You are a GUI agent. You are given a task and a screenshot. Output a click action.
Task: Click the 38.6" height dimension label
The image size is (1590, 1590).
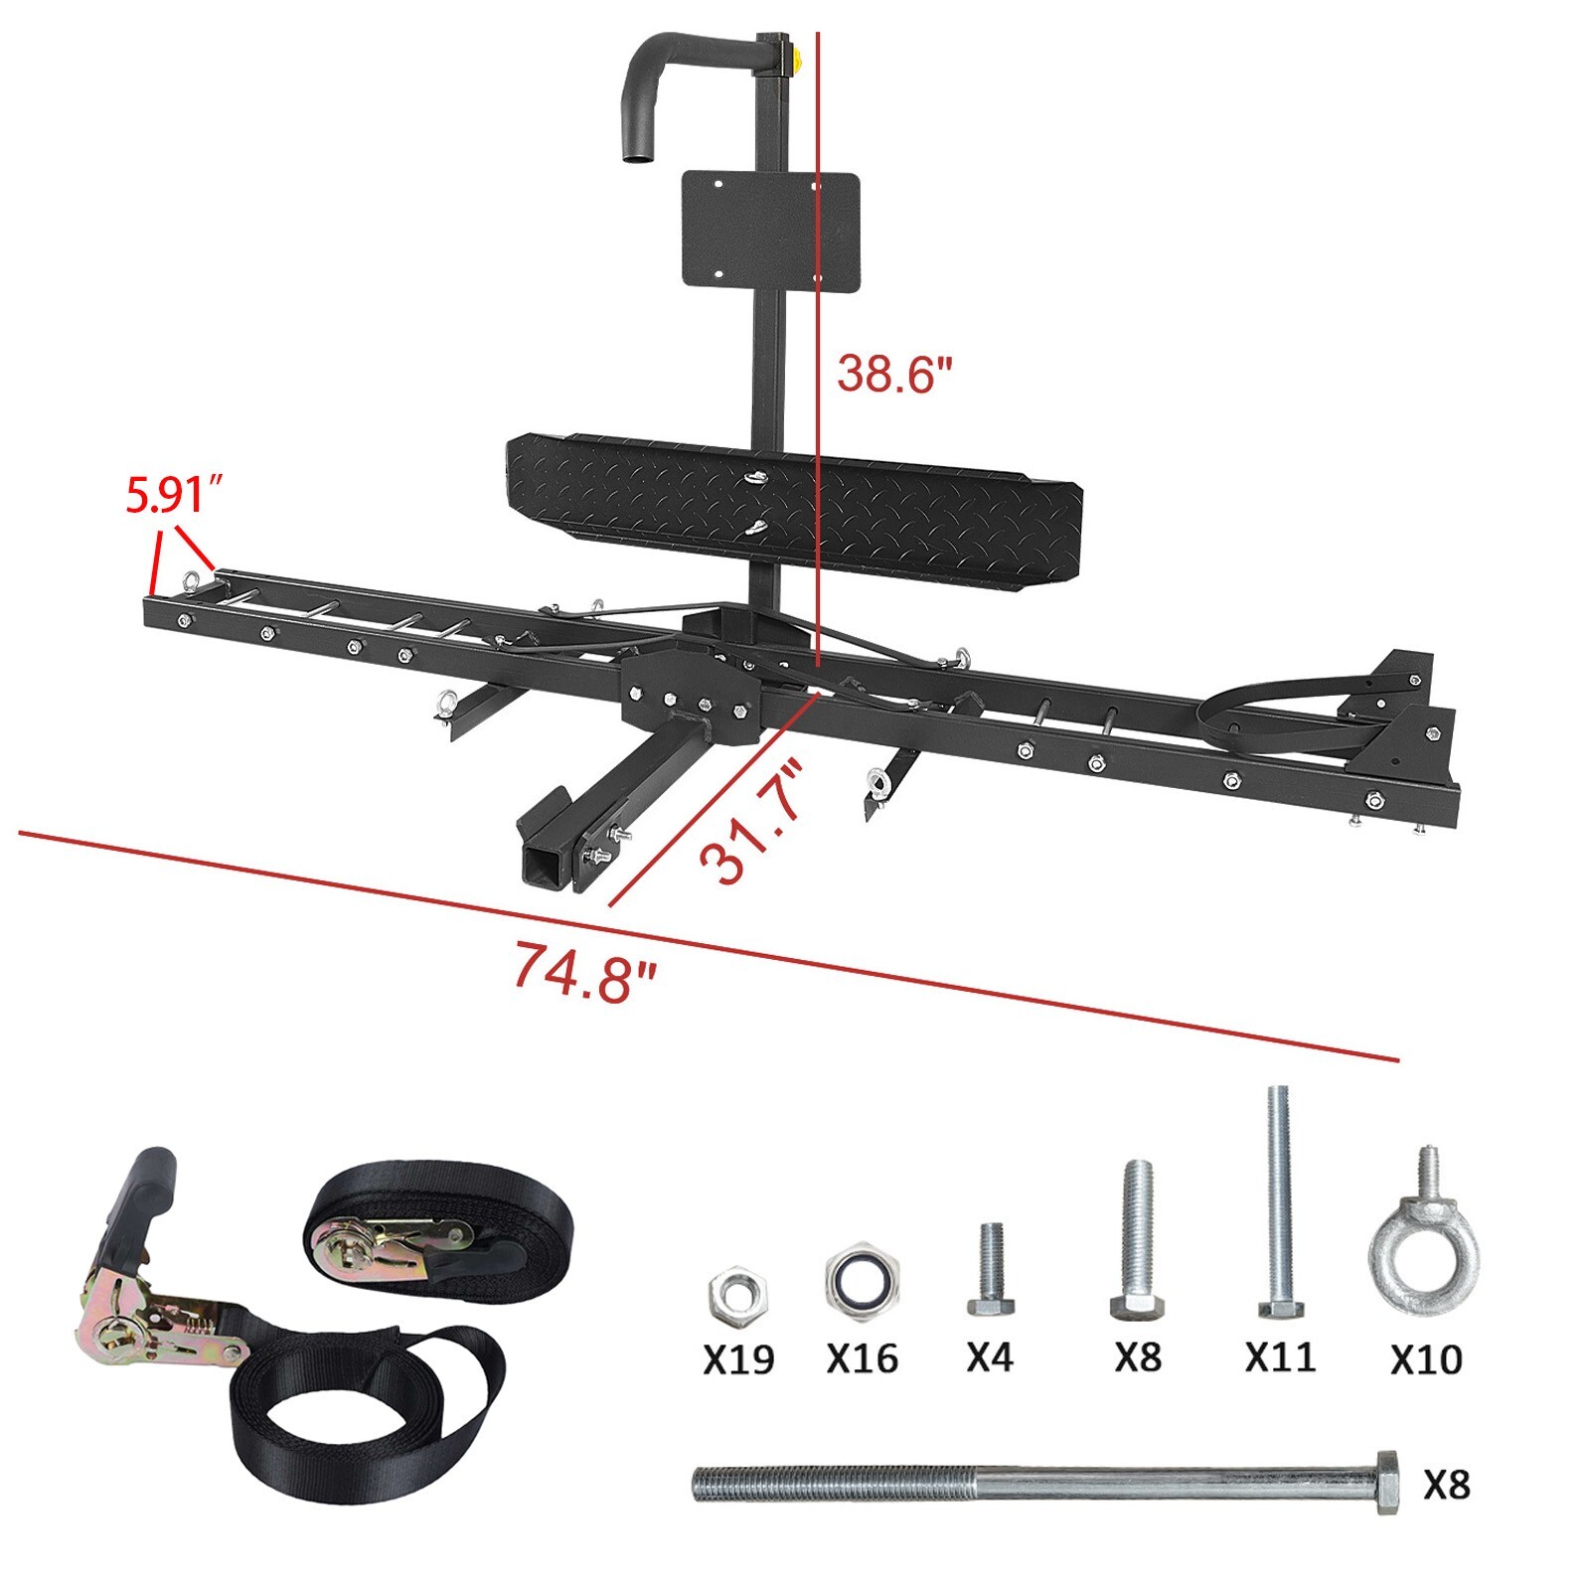coord(894,375)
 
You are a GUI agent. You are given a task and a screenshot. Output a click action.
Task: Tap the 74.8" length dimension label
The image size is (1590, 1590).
coord(584,971)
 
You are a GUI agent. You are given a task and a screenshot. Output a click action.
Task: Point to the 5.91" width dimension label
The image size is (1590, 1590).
coord(171,495)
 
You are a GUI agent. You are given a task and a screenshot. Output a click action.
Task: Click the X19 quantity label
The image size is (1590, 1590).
coord(737,1359)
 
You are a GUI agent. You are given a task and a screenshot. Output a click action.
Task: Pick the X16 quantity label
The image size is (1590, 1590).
coord(862,1358)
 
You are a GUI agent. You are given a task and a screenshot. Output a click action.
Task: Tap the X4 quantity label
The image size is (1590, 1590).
coord(989,1356)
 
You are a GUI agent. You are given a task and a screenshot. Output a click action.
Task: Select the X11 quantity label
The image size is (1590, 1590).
coord(1280,1356)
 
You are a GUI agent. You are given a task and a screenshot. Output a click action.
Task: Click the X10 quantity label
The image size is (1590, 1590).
coord(1426,1358)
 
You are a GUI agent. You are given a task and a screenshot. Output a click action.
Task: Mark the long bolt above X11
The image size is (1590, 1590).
coord(1278,1202)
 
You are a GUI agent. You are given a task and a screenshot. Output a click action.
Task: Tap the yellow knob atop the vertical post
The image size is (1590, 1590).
coord(796,55)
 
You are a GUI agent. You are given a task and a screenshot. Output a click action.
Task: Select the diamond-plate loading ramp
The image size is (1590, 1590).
coord(793,507)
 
